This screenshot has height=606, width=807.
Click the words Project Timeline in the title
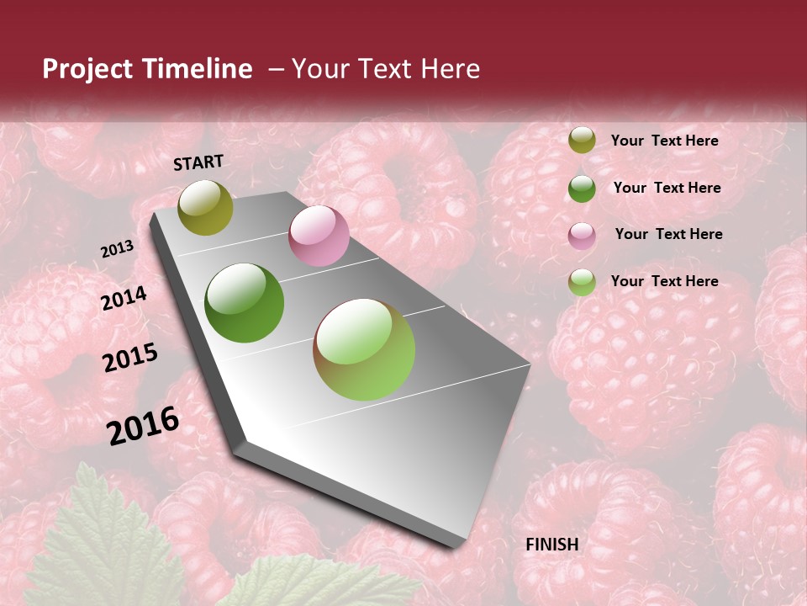(x=147, y=69)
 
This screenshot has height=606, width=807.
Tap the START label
(x=198, y=162)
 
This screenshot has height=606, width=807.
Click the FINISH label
(x=552, y=545)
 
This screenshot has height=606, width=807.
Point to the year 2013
(x=117, y=249)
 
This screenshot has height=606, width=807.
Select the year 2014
(x=124, y=298)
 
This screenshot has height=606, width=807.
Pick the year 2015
(x=130, y=358)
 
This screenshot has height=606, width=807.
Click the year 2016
(x=143, y=425)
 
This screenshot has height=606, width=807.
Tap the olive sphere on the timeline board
(x=205, y=207)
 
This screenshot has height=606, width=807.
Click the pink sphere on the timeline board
(x=319, y=236)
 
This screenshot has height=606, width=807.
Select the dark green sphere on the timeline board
(x=245, y=303)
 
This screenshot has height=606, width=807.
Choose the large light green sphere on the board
(x=364, y=349)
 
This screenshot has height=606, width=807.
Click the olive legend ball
(x=582, y=141)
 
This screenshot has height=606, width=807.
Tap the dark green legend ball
(x=582, y=189)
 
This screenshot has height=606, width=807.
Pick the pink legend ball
(x=582, y=236)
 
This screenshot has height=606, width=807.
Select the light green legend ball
(x=582, y=282)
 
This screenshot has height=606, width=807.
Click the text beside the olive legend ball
(x=665, y=141)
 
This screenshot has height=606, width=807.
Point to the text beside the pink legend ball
(x=669, y=234)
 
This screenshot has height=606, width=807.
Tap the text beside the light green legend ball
(x=665, y=281)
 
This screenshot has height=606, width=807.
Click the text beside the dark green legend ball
(x=667, y=188)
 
